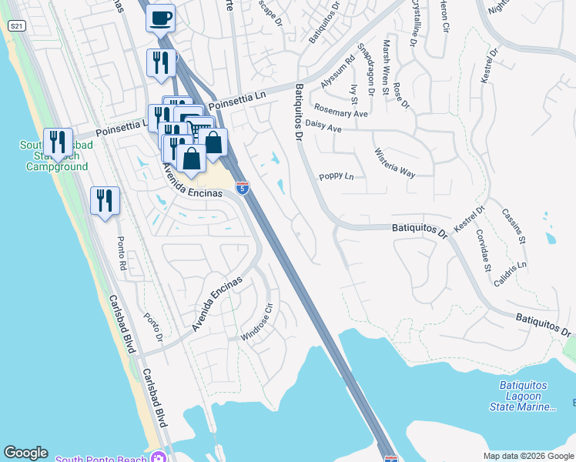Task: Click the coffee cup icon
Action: pyautogui.click(x=160, y=17)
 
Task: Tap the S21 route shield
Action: pyautogui.click(x=15, y=26)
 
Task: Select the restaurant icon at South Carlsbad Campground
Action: pyautogui.click(x=58, y=142)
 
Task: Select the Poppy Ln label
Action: pyautogui.click(x=337, y=176)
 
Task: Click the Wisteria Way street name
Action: pyautogui.click(x=394, y=163)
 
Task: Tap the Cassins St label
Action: pyautogui.click(x=513, y=226)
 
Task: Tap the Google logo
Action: pyautogui.click(x=25, y=453)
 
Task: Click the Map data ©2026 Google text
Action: pyautogui.click(x=527, y=456)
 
